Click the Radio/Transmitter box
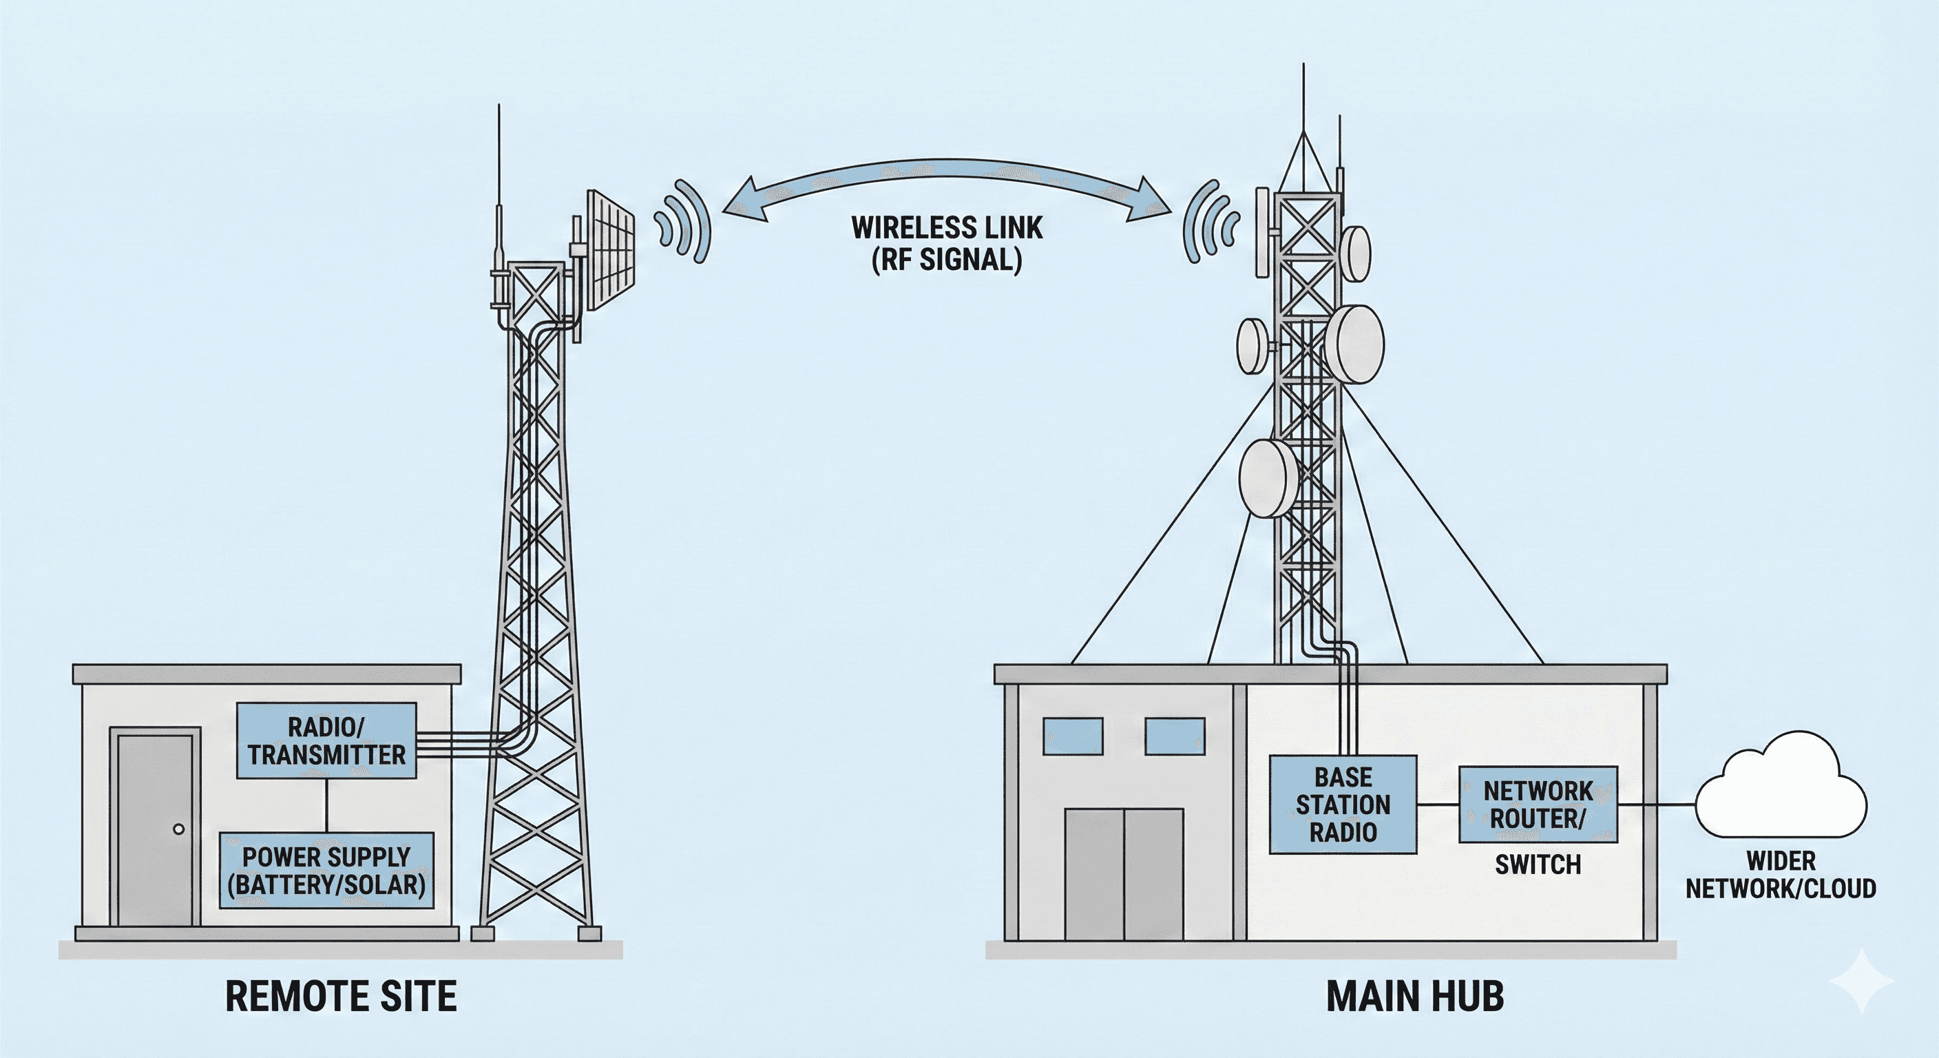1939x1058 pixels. pos(326,740)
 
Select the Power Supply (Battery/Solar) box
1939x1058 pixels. pos(326,870)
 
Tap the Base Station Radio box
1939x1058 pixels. pos(1343,805)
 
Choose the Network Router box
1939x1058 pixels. pos(1538,805)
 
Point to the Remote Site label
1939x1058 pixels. pos(340,996)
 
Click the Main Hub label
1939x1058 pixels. pos(1414,996)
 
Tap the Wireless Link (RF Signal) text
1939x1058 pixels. pos(947,243)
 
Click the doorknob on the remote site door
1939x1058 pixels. pos(178,829)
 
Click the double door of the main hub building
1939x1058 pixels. pos(1124,873)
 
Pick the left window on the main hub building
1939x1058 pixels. pos(1073,736)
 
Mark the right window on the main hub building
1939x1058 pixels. pos(1174,736)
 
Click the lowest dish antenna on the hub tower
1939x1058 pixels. pos(1270,477)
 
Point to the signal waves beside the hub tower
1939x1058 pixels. pos(1210,221)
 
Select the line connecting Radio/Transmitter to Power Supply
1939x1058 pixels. pos(326,805)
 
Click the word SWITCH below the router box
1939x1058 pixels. pos(1538,864)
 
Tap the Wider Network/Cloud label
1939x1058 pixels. pos(1780,874)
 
